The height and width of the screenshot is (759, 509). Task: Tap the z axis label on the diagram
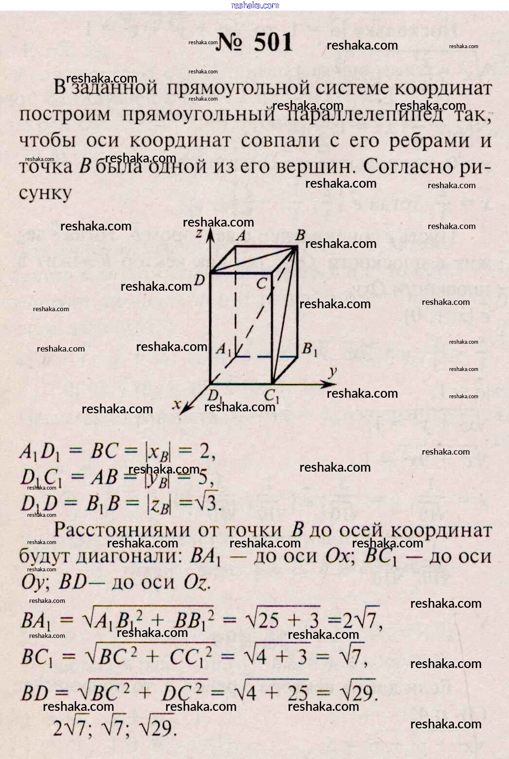pyautogui.click(x=198, y=234)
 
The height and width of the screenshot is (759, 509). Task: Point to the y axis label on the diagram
pyautogui.click(x=333, y=372)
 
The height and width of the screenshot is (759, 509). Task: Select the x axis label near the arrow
pyautogui.click(x=177, y=404)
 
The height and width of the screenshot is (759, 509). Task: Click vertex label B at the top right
pyautogui.click(x=300, y=235)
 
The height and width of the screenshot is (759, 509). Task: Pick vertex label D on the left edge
pyautogui.click(x=199, y=280)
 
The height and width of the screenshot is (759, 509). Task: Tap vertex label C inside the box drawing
pyautogui.click(x=262, y=282)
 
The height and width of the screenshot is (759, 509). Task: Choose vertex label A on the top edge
pyautogui.click(x=240, y=236)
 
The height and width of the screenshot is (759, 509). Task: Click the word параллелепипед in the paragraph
pyautogui.click(x=366, y=115)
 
